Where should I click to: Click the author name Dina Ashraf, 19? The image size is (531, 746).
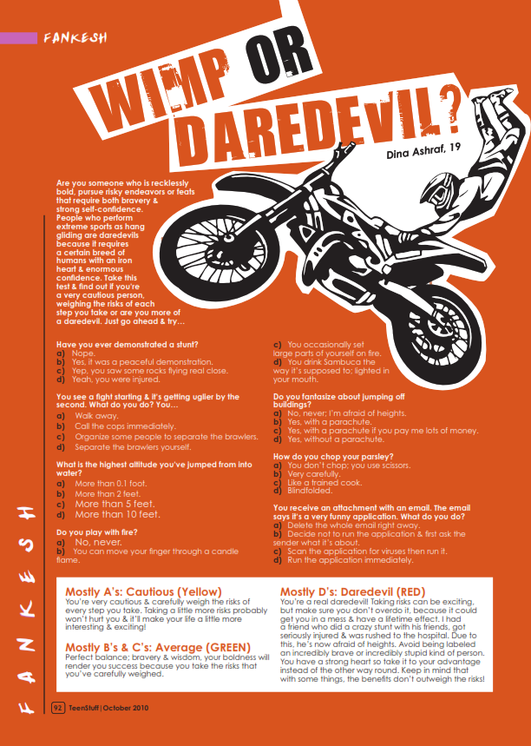[423, 150]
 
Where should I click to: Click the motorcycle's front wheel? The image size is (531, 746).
[220, 249]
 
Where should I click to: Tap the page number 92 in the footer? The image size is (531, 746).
[57, 708]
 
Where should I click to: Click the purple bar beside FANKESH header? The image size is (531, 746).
[18, 38]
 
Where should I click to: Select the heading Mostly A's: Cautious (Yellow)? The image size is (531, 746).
[143, 592]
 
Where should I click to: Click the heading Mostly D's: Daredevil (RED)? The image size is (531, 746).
[352, 592]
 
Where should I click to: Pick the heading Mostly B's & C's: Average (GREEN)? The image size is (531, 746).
[158, 648]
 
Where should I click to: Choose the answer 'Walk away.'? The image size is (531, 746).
[96, 416]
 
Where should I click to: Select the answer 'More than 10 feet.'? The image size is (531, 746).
[118, 514]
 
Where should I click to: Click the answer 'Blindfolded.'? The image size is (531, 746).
[310, 491]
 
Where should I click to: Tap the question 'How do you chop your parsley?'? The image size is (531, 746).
[333, 457]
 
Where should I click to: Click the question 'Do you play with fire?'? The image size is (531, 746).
[96, 532]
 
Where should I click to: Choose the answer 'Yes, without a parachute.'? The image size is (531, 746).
[336, 439]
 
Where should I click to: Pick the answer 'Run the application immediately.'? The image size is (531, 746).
[351, 560]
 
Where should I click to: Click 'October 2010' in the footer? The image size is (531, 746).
[126, 708]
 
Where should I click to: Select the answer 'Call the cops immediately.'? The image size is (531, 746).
[125, 426]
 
